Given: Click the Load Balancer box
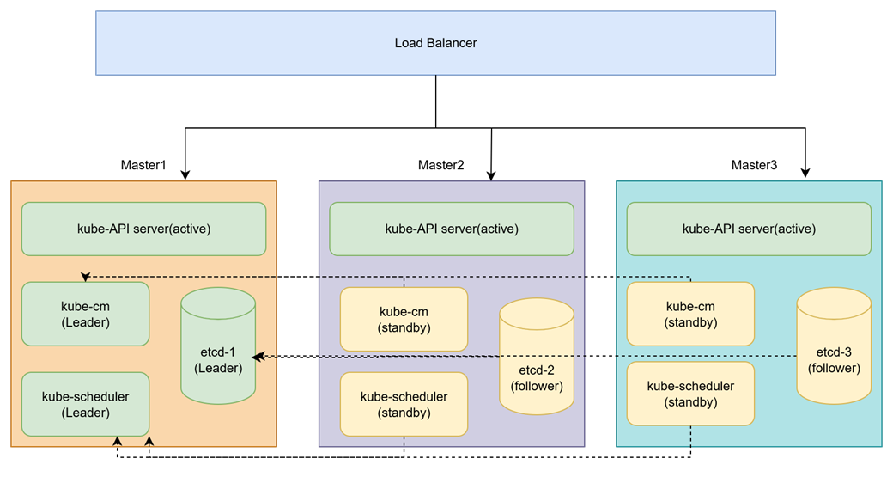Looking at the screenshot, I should point(435,43).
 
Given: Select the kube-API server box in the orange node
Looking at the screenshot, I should point(143,229).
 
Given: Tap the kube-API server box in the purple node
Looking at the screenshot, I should point(452,229).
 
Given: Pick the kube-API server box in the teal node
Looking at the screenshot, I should point(749,229).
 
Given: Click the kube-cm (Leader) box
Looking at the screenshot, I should point(85,315).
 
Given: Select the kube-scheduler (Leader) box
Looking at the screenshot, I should point(85,404).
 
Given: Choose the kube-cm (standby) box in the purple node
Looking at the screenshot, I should point(404,319).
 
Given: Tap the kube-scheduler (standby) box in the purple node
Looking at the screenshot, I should point(404,404).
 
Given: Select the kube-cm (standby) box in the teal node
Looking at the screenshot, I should point(690,315).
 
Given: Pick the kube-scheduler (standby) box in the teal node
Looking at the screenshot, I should point(690,394).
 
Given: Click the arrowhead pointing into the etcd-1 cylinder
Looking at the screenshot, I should point(258,356).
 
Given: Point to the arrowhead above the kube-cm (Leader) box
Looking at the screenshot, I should point(85,277).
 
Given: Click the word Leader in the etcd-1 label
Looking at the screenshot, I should point(218,368).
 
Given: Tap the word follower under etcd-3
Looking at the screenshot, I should point(834,368).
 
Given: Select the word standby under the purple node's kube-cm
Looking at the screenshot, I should point(404,327).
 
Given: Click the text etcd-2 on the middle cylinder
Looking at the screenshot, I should point(537,370).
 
